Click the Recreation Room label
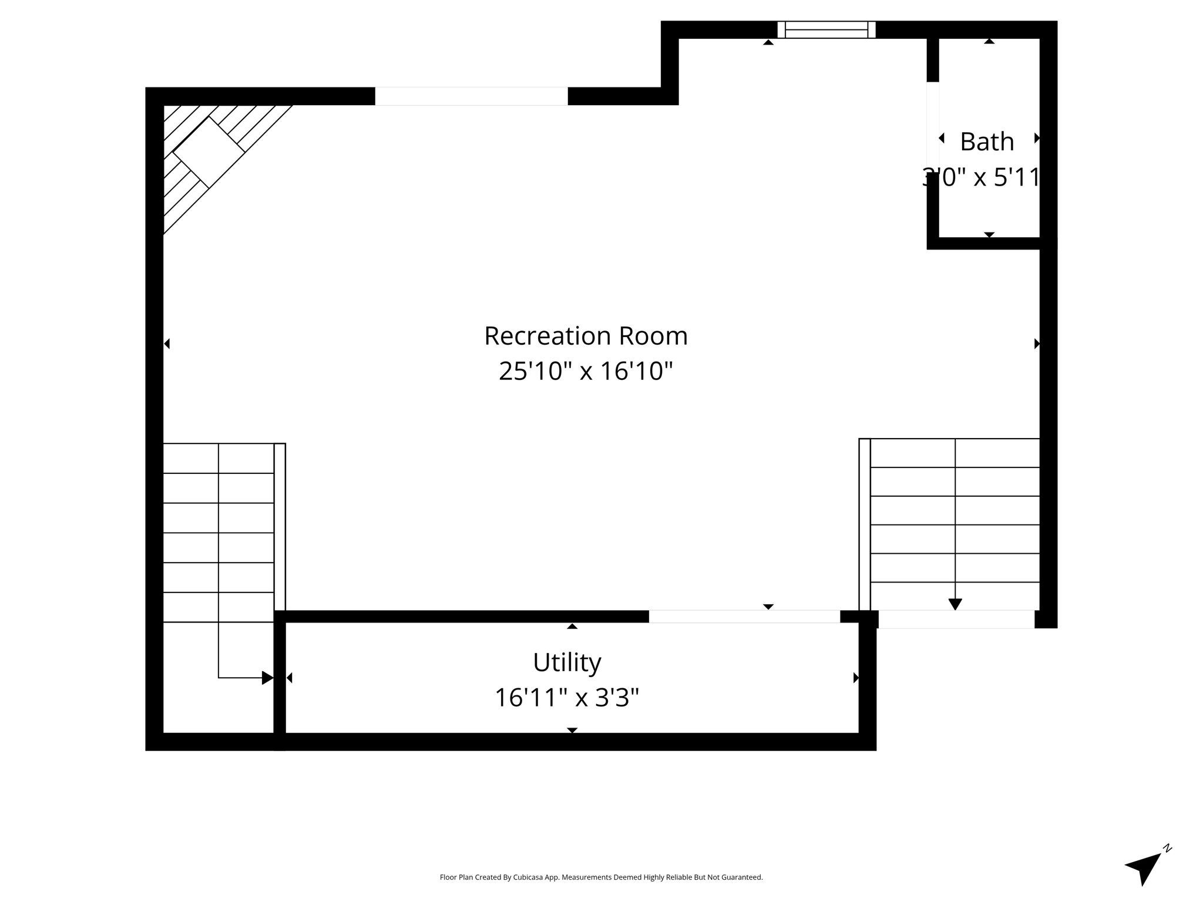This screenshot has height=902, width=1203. [586, 336]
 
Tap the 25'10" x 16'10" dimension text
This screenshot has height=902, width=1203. [586, 371]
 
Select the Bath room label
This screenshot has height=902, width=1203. [987, 142]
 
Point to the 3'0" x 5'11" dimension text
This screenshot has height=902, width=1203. [981, 177]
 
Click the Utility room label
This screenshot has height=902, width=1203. [567, 663]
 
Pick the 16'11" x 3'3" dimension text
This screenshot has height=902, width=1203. [567, 698]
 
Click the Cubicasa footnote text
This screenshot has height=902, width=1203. [601, 877]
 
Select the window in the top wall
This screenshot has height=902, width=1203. [826, 29]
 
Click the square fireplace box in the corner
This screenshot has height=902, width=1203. [209, 152]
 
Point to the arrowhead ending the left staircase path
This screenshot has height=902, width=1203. [268, 678]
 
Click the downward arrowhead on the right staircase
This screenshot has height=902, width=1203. [955, 604]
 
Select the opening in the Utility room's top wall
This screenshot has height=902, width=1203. [744, 617]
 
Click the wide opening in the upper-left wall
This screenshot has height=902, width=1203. [472, 96]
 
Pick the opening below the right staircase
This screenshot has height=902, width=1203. [956, 620]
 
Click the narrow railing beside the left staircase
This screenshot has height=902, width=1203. [280, 527]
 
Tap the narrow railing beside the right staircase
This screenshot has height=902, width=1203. [865, 524]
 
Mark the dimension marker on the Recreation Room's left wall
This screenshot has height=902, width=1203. [167, 344]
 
